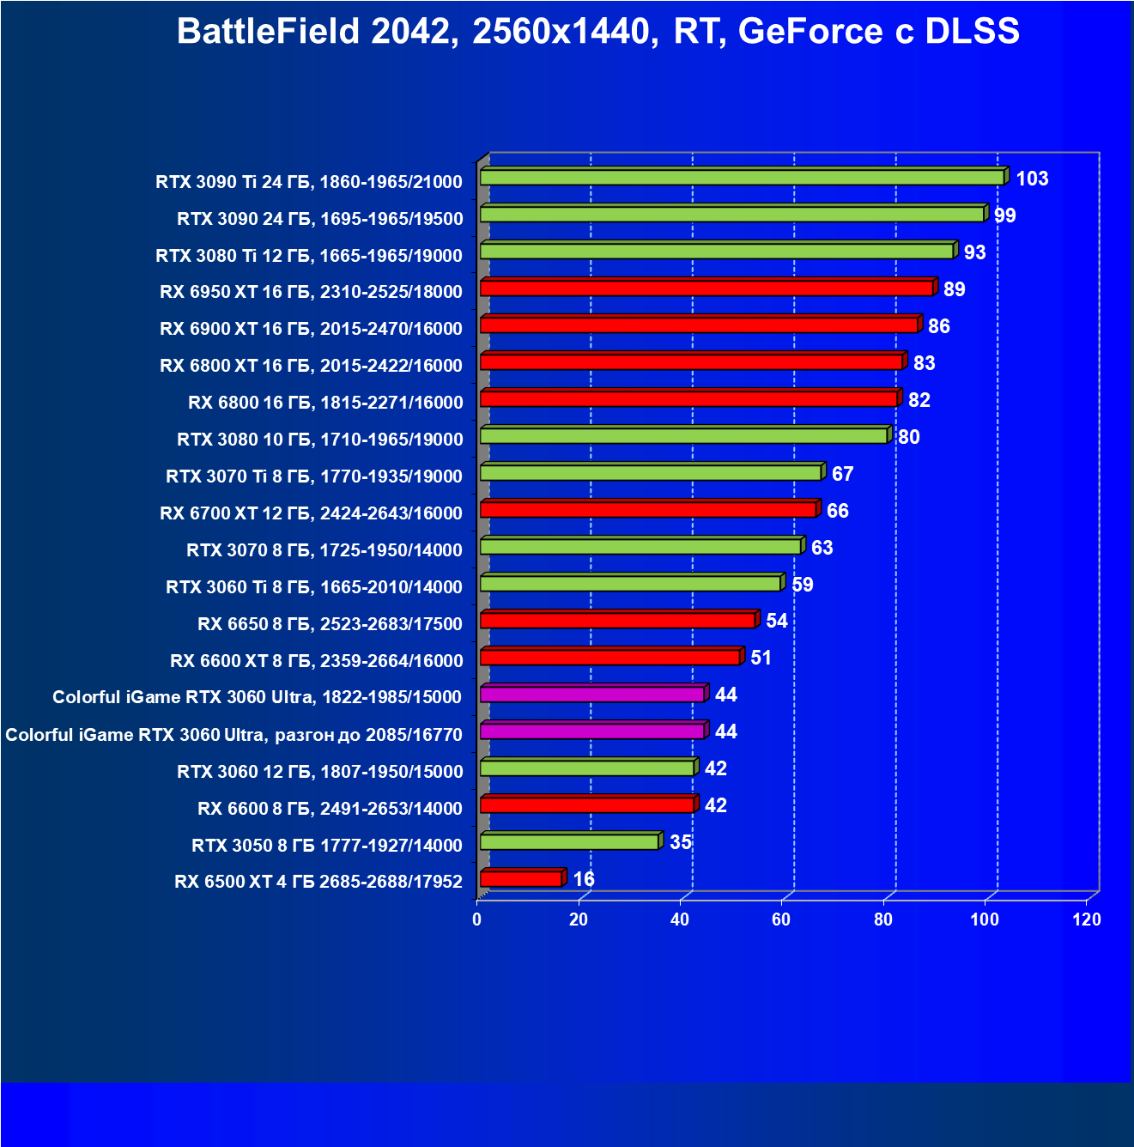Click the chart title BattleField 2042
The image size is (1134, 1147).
597,32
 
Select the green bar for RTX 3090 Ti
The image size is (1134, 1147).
742,177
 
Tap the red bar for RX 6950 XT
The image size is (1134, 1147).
706,288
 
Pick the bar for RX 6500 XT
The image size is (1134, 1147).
521,878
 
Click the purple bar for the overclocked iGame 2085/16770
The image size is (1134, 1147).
592,731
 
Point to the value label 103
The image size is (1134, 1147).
1032,179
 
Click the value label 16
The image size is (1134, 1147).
584,879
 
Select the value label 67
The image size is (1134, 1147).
842,474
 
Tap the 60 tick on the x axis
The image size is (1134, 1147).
781,919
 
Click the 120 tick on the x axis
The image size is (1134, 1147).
1087,919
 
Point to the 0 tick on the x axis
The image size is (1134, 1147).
477,919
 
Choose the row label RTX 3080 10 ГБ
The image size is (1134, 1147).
319,440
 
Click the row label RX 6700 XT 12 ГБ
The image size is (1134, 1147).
311,513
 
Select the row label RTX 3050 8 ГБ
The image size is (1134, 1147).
327,846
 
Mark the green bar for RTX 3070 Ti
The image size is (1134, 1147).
651,472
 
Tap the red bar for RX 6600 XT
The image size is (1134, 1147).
609,657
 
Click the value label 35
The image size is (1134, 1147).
681,842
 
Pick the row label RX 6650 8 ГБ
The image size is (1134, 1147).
330,624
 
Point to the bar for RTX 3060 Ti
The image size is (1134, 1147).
630,583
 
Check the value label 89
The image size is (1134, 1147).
954,289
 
